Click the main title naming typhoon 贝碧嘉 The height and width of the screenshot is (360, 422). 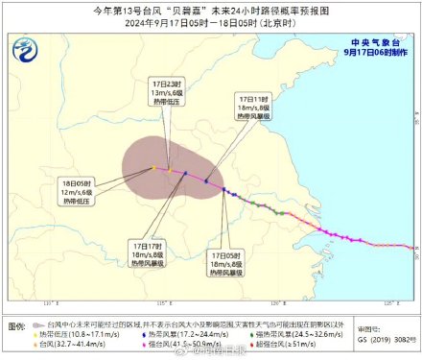210,9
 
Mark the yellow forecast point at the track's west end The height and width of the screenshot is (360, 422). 152,168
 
